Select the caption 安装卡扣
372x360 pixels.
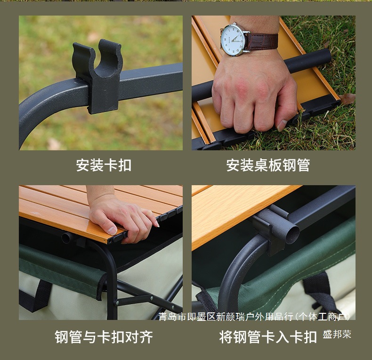pyautogui.click(x=104, y=165)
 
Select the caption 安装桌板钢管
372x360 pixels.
pyautogui.click(x=268, y=165)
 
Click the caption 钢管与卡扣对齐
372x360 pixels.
pyautogui.click(x=104, y=337)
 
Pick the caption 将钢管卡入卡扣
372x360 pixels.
pyautogui.click(x=268, y=337)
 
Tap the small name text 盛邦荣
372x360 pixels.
pyautogui.click(x=337, y=335)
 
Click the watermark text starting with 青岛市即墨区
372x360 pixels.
pyautogui.click(x=254, y=316)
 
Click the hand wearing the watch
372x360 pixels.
pyautogui.click(x=252, y=94)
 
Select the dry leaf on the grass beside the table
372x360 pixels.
pyautogui.click(x=348, y=98)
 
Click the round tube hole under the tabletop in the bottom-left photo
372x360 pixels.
pyautogui.click(x=66, y=238)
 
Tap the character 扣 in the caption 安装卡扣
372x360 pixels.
pyautogui.click(x=125, y=165)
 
